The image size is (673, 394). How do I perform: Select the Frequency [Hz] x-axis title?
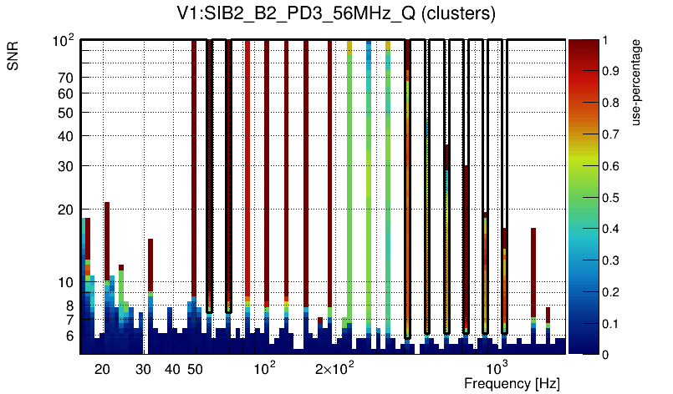(x=512, y=383)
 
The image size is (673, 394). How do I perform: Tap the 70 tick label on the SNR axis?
(x=65, y=78)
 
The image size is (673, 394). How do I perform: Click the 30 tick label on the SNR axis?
(x=65, y=166)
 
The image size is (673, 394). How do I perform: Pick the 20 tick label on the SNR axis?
(x=65, y=210)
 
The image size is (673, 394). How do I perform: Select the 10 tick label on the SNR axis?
(x=65, y=283)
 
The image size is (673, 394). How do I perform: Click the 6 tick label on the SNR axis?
(x=69, y=336)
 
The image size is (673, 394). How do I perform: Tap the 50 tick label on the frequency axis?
(x=194, y=369)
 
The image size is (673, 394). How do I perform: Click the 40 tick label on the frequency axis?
(x=171, y=369)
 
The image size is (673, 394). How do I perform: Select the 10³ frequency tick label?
(x=497, y=368)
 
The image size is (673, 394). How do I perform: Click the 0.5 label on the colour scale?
(x=610, y=197)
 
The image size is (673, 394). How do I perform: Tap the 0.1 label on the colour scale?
(x=610, y=323)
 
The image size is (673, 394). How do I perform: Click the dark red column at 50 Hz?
(x=194, y=167)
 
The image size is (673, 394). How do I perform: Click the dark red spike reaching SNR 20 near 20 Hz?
(x=107, y=242)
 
